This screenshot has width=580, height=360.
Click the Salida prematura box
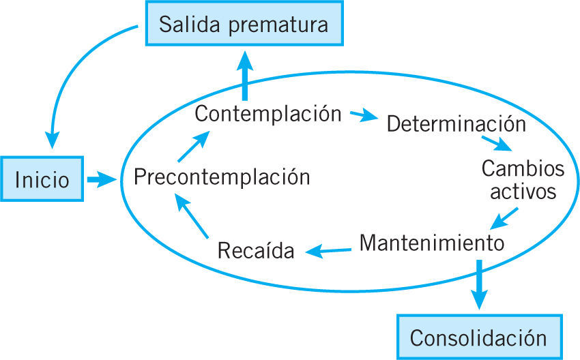coord(244,25)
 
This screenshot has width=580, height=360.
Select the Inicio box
coord(42,180)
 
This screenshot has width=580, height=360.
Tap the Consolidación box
coord(478,337)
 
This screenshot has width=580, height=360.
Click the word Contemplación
coord(267,113)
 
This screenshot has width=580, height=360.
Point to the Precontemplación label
coord(222,177)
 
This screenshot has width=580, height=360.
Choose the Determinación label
coord(456,125)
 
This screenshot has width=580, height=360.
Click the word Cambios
coord(513,168)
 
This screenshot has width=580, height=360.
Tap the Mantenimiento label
coord(431,242)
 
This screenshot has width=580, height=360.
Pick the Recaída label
coord(257,251)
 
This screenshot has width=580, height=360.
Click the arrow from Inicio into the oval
coord(102,180)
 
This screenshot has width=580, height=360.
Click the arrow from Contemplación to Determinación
coord(364,115)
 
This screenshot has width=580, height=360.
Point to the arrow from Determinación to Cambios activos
coord(497,142)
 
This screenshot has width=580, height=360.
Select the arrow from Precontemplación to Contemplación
coord(194,145)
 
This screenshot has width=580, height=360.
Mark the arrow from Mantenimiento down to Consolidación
coord(480,283)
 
